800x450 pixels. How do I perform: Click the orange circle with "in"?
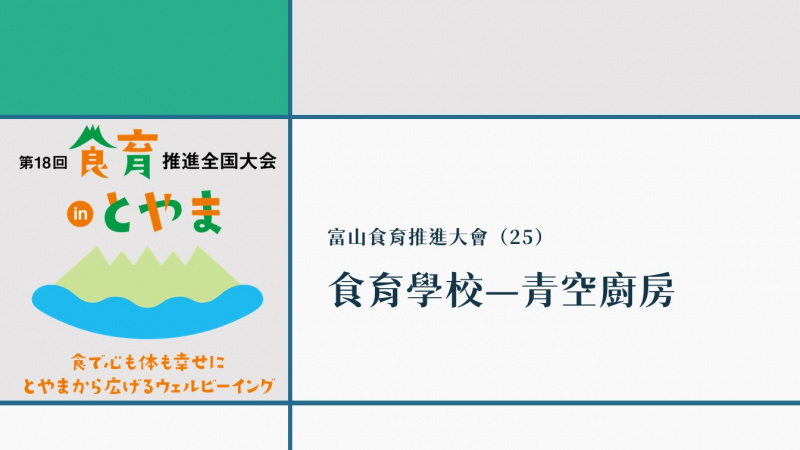[80, 214]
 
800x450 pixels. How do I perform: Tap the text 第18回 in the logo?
[43, 163]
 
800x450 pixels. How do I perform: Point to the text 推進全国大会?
[219, 161]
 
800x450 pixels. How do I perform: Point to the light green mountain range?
[147, 276]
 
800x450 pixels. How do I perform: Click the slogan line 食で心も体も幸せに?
[148, 363]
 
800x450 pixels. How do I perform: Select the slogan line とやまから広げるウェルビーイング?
[148, 386]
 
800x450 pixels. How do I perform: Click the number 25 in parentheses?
[520, 237]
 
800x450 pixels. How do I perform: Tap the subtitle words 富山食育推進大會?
[408, 238]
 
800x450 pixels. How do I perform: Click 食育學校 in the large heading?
[406, 290]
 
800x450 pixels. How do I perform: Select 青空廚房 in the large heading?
[599, 290]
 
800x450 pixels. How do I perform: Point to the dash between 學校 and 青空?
[503, 290]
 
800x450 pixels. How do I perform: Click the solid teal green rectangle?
[144, 57]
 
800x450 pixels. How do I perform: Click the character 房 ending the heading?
[657, 290]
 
